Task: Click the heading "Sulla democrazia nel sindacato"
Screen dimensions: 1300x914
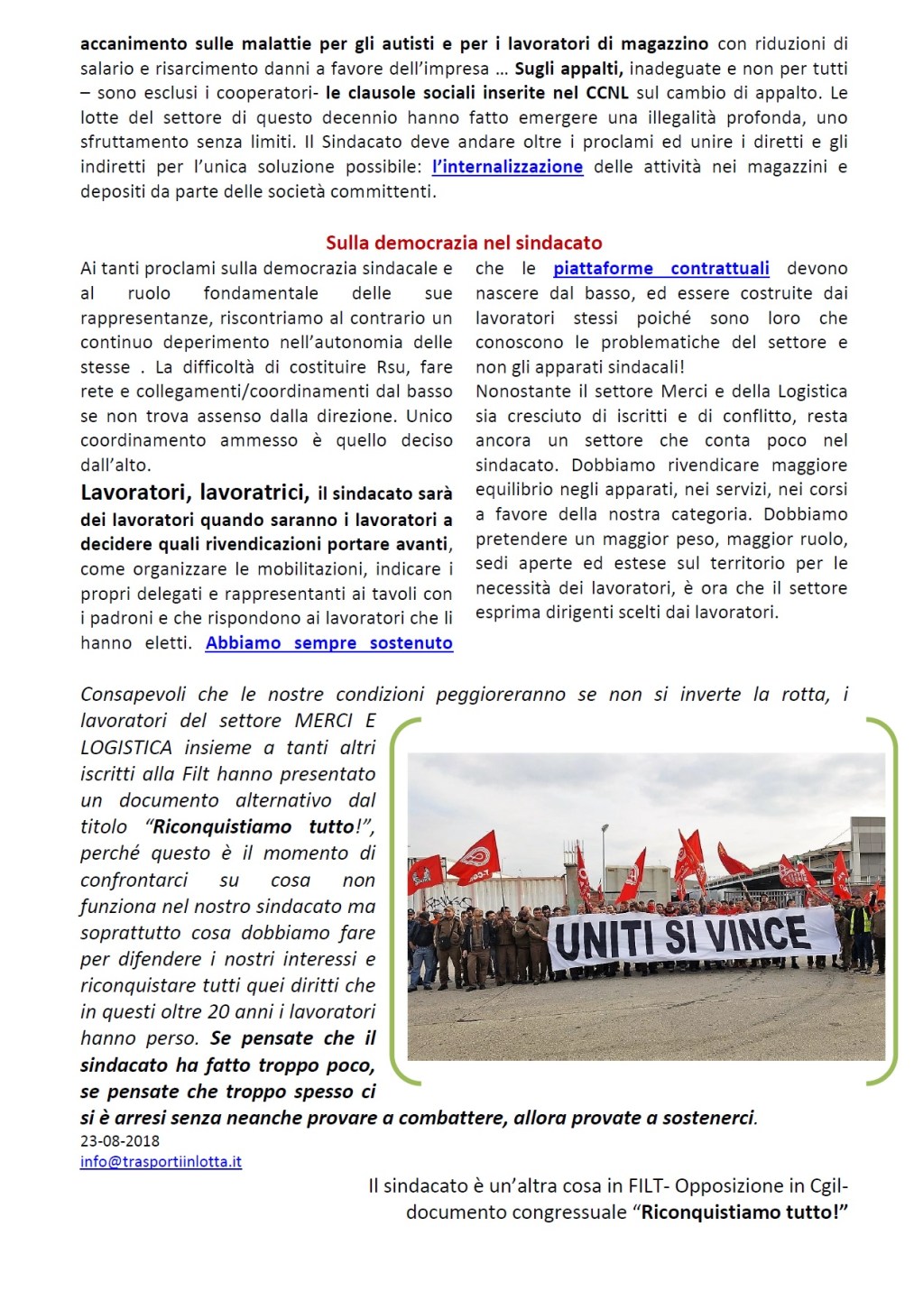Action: point(463,243)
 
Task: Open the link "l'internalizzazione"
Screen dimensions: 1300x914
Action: point(507,167)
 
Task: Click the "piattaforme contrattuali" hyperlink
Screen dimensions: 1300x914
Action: point(660,269)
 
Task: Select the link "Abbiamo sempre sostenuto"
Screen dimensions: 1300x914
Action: point(328,643)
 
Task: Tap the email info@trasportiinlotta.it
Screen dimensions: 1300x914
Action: point(161,1162)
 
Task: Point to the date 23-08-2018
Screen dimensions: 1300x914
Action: point(120,1140)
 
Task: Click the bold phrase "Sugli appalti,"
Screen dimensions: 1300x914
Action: point(568,69)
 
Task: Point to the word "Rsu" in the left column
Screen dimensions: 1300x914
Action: point(394,367)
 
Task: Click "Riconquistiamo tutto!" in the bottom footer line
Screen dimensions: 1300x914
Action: point(744,1212)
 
